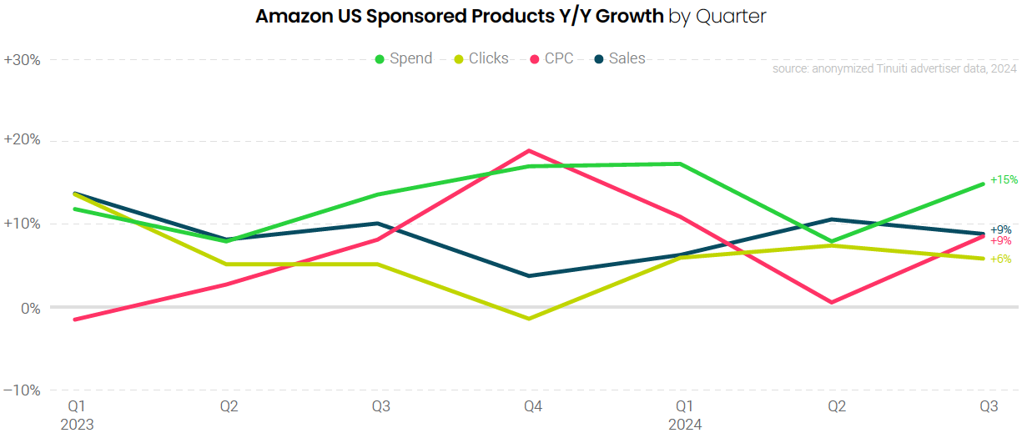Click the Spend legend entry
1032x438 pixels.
tap(404, 58)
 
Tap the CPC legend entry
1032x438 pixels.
tap(551, 58)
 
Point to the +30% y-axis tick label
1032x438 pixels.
tap(23, 60)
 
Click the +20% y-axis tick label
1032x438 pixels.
tap(23, 140)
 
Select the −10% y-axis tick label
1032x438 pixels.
tap(23, 390)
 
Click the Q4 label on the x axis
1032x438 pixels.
tap(533, 407)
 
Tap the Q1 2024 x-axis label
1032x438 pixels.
tap(684, 415)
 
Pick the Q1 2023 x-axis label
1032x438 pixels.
tap(77, 415)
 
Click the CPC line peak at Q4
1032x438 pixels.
tap(528, 150)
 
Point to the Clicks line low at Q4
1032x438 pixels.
tap(528, 319)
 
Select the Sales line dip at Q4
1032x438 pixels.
tap(528, 275)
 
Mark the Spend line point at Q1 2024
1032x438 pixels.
tap(681, 164)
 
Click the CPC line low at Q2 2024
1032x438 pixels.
tap(833, 302)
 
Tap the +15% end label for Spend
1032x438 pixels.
tap(1004, 180)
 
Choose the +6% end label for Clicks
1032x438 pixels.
tap(1000, 259)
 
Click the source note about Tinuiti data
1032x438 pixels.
tap(894, 69)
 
